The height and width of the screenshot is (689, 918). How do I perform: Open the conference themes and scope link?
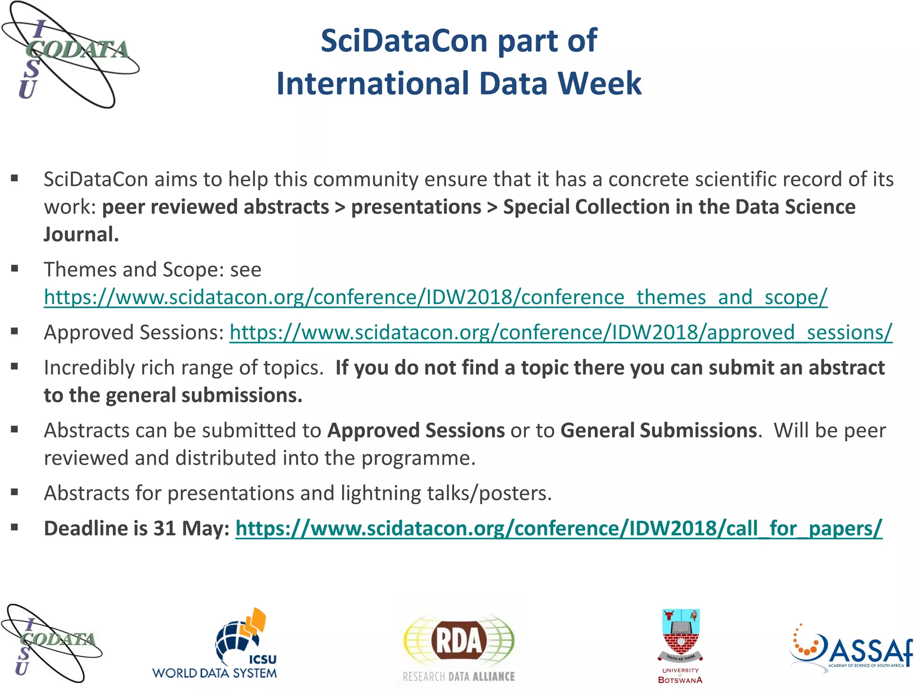pos(435,297)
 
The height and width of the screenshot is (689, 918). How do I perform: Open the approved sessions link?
pos(561,332)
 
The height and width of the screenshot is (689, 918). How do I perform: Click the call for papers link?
pos(559,528)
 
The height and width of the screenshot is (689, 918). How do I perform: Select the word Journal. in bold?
pos(81,235)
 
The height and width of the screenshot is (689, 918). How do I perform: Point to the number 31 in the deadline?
pos(164,528)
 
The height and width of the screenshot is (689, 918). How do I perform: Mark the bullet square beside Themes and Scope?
pos(15,269)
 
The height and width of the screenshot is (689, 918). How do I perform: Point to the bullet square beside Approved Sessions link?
pos(15,332)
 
